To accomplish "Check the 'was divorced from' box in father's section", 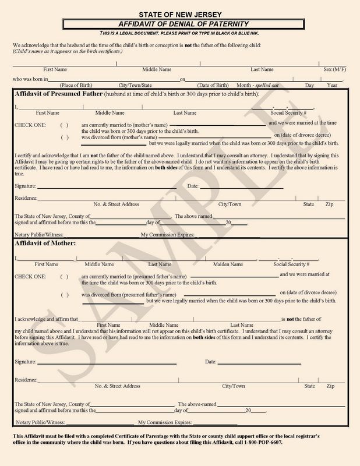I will click(65, 137).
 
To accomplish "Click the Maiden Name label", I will click(228, 264).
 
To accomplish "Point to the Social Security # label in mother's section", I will click(291, 264).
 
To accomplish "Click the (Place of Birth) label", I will click(79, 85).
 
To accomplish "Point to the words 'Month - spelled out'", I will click(257, 85).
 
